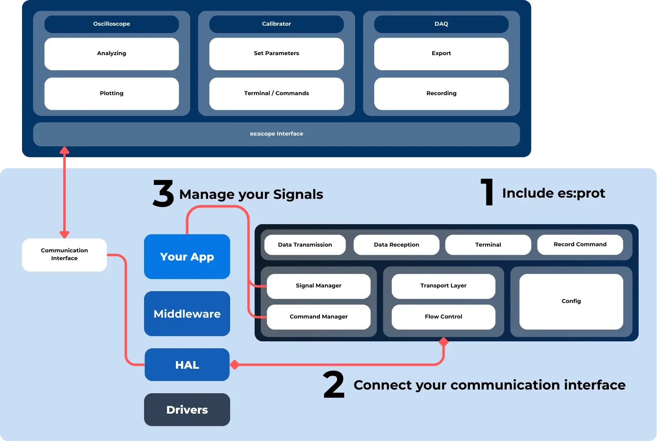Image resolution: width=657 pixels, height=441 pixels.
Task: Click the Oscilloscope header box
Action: (x=111, y=24)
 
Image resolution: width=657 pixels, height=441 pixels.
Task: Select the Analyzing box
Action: (x=111, y=53)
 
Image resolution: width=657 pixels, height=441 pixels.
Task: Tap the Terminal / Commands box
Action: (x=276, y=94)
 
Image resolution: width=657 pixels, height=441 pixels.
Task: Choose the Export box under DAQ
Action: (x=441, y=53)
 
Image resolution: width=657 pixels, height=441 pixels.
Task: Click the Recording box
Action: (x=441, y=94)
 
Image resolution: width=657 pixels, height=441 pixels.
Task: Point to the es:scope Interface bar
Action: (x=276, y=134)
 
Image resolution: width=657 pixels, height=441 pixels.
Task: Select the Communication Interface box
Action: (x=64, y=254)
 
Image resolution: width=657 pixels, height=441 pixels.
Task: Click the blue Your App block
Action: (x=187, y=256)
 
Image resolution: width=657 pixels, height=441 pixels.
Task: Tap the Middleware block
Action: (x=187, y=314)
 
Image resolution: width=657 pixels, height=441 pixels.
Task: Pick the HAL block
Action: (x=187, y=365)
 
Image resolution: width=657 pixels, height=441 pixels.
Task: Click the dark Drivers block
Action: (x=187, y=410)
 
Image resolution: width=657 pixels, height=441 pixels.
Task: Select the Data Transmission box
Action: (x=305, y=245)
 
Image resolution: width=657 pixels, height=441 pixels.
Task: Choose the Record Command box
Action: (x=580, y=245)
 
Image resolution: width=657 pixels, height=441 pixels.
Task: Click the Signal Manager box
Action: (x=318, y=286)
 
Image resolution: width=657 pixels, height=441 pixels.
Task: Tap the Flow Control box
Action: (x=443, y=317)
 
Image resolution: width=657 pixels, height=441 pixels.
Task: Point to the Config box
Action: (x=571, y=301)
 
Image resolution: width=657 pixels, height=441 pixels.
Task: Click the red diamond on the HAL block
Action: (x=235, y=365)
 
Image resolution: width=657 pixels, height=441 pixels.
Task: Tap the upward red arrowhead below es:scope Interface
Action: (x=64, y=150)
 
